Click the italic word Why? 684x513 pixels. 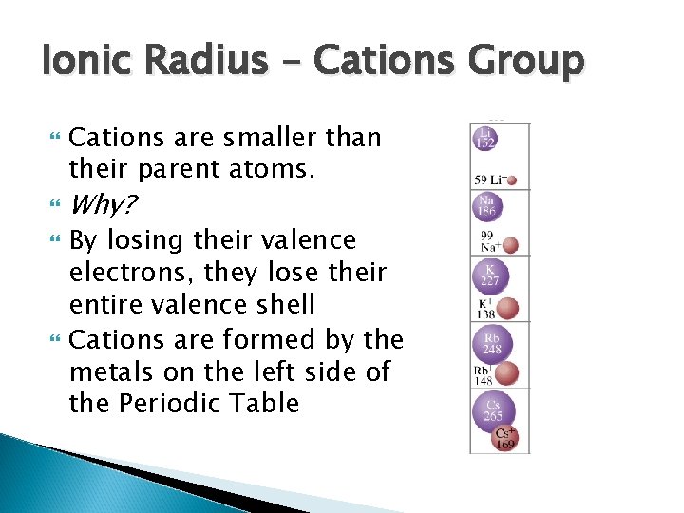tap(104, 203)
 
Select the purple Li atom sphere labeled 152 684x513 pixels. tap(486, 140)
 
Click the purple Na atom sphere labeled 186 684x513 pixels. tap(487, 207)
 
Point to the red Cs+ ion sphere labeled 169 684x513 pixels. tap(505, 437)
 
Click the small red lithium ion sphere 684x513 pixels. tap(512, 179)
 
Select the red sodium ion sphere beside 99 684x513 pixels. tap(510, 245)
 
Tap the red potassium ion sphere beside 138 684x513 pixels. tap(508, 308)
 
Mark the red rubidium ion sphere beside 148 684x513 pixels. tap(507, 373)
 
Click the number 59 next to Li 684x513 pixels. tap(482, 179)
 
